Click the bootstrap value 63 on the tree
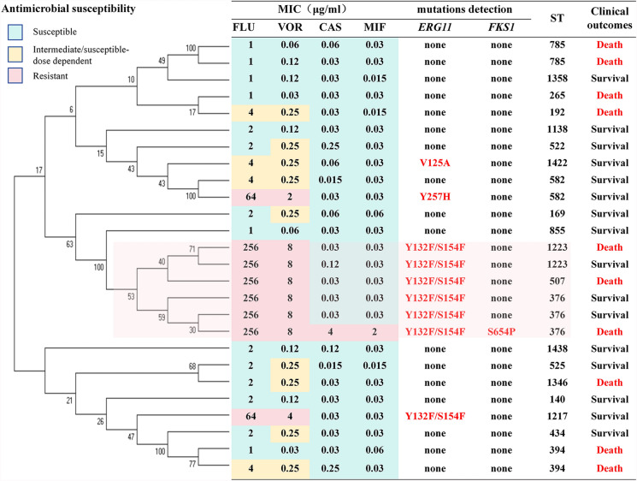pyautogui.click(x=68, y=245)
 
